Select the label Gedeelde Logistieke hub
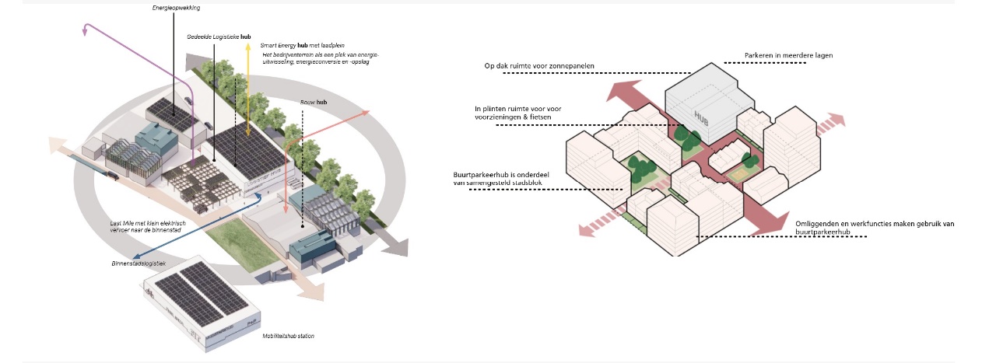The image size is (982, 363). tap(219, 37)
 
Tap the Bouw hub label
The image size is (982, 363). tap(314, 102)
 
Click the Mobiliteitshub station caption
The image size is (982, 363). tap(288, 336)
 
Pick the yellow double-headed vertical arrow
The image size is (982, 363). tap(247, 86)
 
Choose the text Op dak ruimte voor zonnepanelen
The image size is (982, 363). tap(539, 67)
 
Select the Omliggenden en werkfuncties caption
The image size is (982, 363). tap(875, 224)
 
